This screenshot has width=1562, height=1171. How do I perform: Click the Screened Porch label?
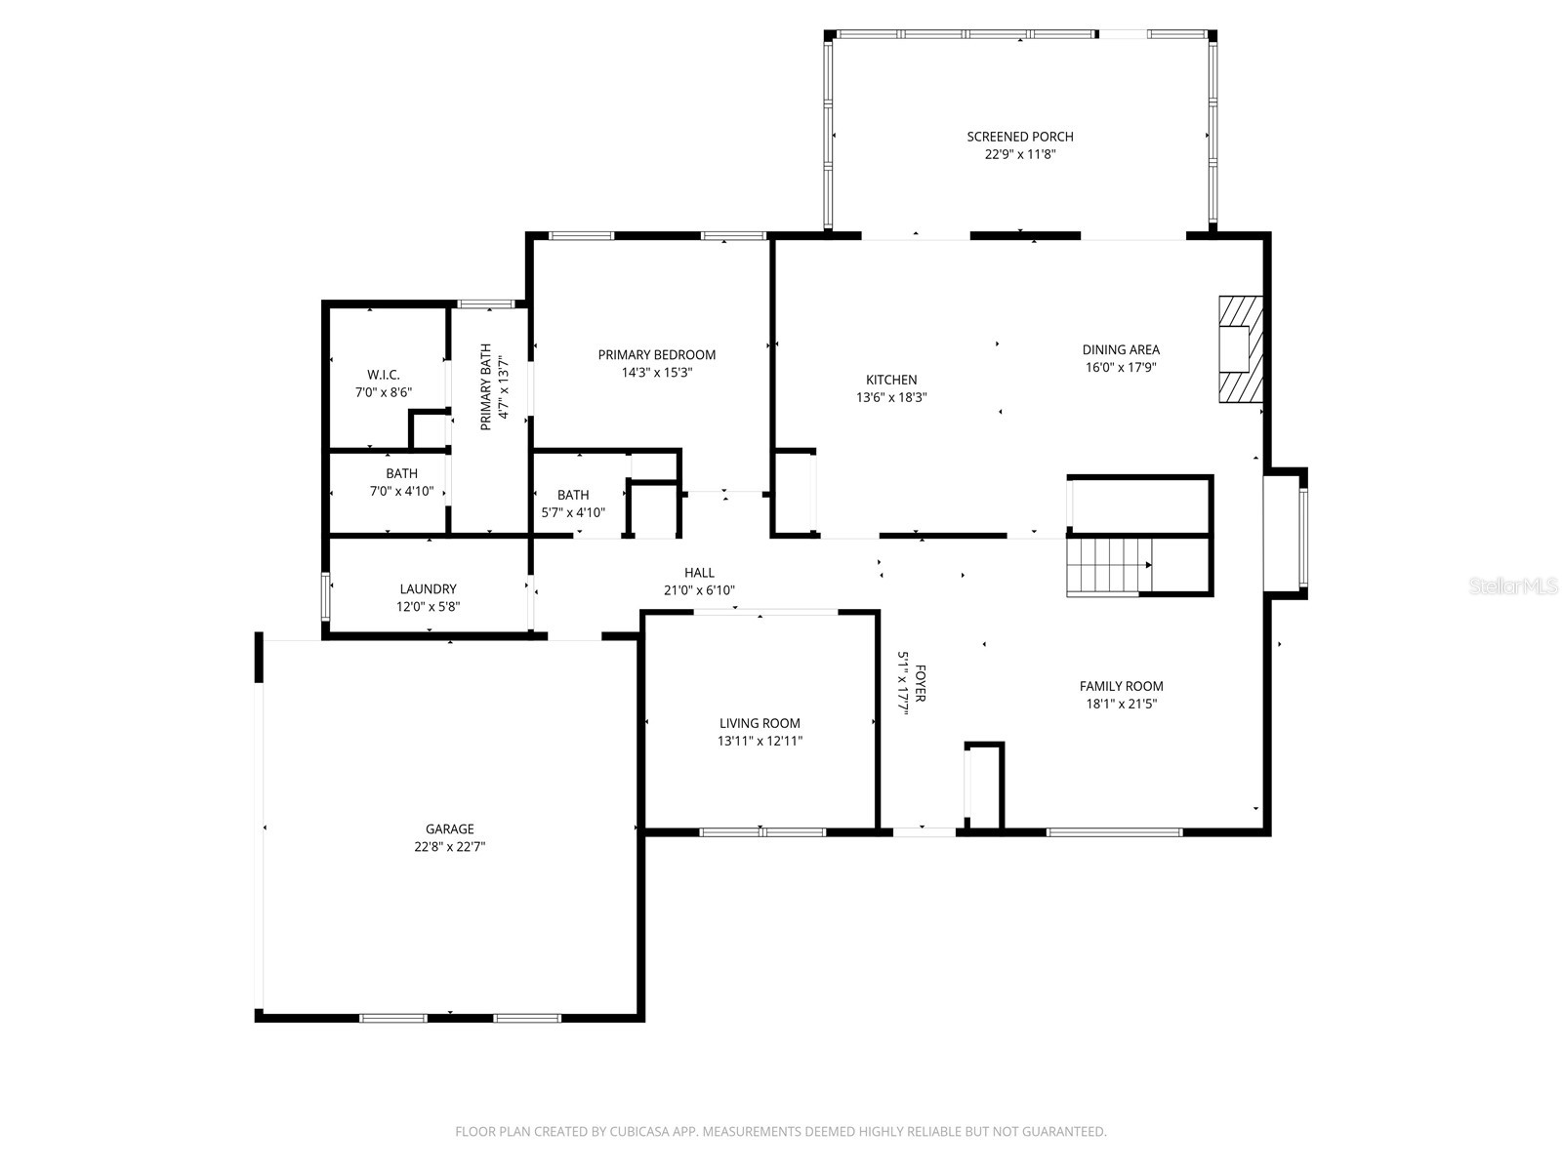coord(1020,137)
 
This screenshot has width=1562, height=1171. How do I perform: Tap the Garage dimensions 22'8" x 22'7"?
coord(449,847)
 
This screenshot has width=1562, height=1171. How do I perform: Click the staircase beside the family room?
coord(1109,566)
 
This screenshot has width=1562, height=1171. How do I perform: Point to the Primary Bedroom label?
coord(657,355)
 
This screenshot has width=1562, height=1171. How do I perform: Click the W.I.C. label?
coord(384,375)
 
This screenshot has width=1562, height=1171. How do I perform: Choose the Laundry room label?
coord(428,589)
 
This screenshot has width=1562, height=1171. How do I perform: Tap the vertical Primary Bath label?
coord(485,386)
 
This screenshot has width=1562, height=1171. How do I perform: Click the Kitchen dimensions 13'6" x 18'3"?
coord(891,397)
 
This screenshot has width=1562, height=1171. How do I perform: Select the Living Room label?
coord(760,723)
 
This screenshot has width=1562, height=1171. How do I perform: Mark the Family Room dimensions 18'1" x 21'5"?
coord(1121,704)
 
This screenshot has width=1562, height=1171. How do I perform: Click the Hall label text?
coord(699,573)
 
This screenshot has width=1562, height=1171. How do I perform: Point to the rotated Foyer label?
coord(920,684)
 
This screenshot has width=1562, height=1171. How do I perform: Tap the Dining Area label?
coord(1121,349)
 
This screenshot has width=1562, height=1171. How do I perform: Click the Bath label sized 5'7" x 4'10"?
coord(573,495)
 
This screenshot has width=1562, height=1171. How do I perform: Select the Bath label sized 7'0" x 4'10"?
coord(401,473)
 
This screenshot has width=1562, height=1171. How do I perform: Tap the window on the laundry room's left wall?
coord(326,596)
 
